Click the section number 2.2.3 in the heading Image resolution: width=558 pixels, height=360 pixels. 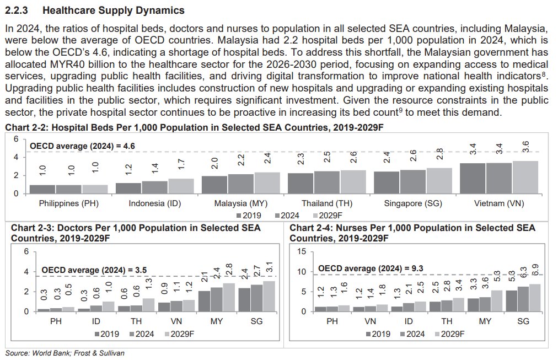[17, 10]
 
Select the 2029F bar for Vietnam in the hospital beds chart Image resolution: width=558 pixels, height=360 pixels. [525, 177]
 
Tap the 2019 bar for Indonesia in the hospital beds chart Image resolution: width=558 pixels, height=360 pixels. [127, 188]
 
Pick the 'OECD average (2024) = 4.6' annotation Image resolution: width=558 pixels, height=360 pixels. [82, 146]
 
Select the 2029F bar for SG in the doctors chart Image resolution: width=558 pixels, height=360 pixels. [269, 296]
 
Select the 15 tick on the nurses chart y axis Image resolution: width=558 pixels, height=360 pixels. [302, 252]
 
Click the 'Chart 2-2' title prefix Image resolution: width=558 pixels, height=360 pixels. [21, 127]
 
